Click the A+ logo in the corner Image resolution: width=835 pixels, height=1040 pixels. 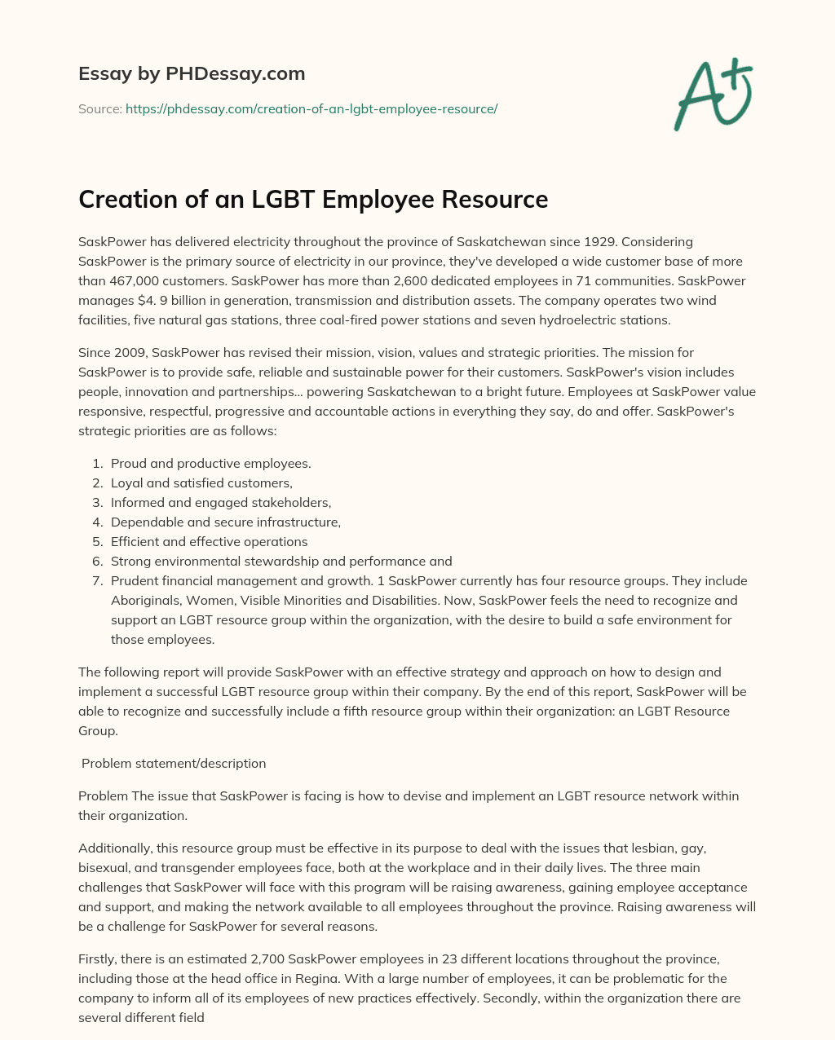(713, 94)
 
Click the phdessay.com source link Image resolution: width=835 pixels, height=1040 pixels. (311, 108)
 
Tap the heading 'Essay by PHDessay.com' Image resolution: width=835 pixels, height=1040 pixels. (192, 73)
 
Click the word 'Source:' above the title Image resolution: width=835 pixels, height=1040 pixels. (99, 108)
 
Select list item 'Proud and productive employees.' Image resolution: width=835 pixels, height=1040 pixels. (210, 464)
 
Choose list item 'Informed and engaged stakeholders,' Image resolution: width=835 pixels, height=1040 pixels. (221, 503)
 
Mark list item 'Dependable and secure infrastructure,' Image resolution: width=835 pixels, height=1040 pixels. (226, 522)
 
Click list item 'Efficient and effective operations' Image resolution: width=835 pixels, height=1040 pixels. (209, 542)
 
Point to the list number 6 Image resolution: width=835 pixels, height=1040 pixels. (96, 562)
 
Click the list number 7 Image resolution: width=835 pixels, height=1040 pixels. (96, 581)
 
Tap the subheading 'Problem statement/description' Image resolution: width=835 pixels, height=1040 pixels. (174, 764)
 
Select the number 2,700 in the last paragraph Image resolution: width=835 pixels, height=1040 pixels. (242, 959)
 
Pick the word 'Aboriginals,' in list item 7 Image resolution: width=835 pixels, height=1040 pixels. (145, 601)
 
